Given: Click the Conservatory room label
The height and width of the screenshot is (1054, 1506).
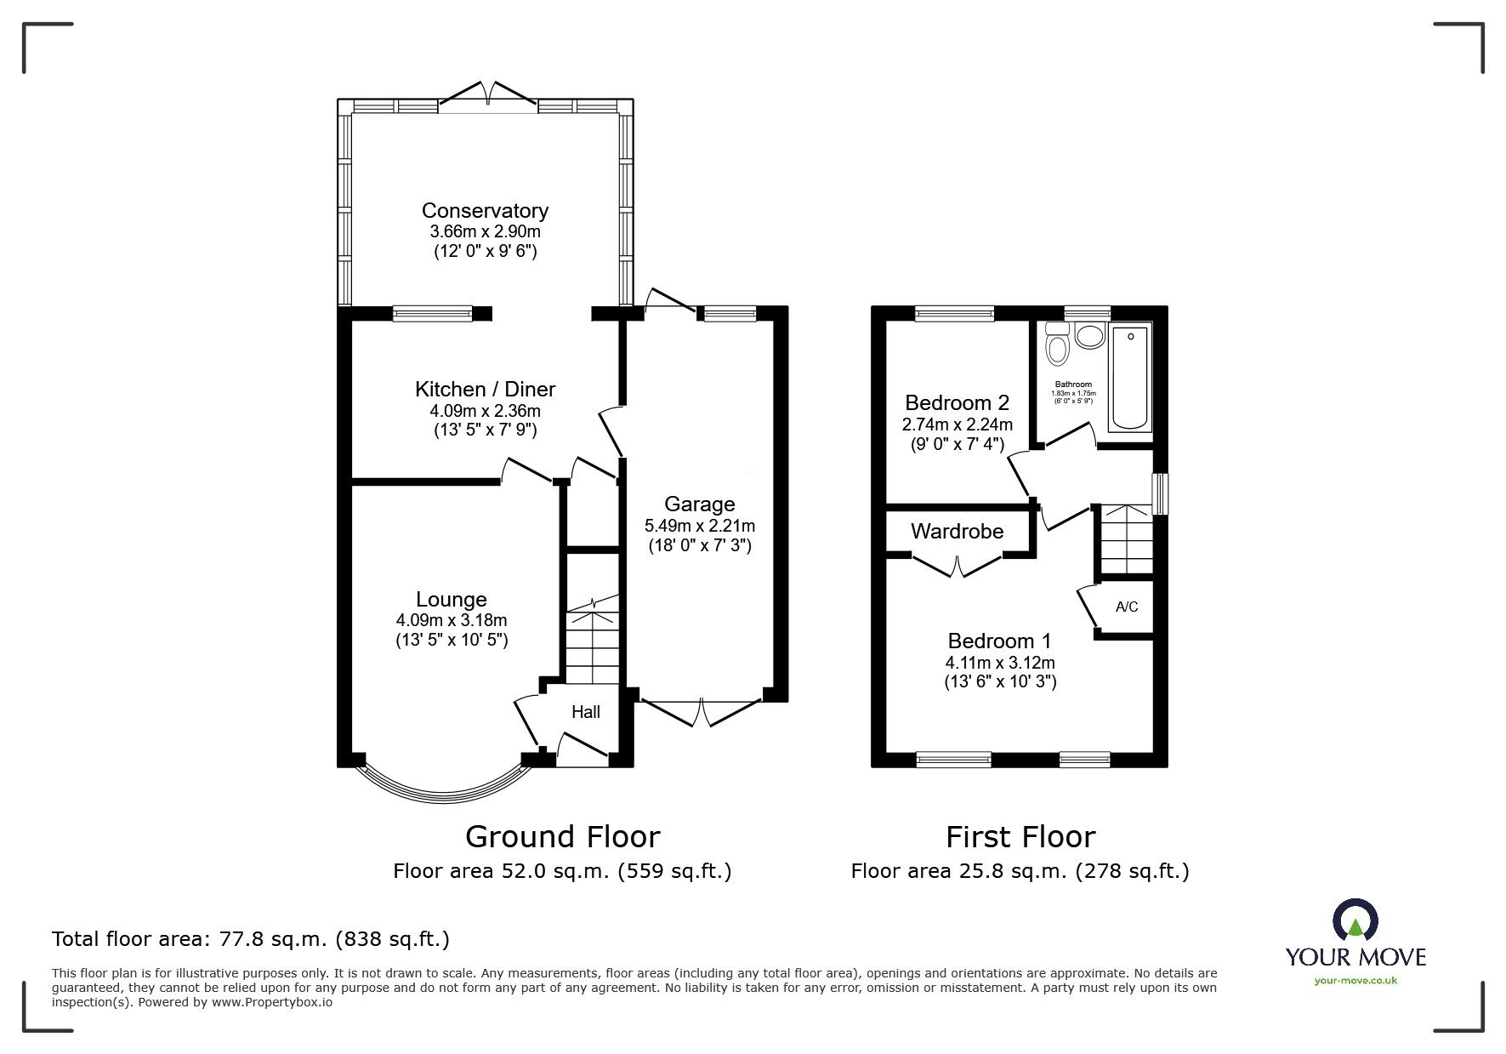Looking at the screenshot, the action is click(485, 210).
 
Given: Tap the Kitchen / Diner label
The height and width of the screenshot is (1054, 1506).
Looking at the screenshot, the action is click(485, 389).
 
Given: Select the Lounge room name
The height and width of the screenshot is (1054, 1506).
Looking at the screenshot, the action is click(452, 600).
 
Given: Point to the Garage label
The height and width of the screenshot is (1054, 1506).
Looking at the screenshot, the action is click(699, 504).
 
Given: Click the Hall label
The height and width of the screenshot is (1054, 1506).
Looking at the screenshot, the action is click(586, 712).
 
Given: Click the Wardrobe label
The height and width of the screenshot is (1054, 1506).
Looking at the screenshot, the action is click(958, 531).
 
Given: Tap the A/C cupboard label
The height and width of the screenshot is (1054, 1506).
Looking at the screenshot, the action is click(1127, 607).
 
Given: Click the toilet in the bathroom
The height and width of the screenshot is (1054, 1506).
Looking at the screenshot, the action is click(1058, 343).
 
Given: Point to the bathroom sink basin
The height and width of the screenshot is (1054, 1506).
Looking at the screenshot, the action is click(1088, 337).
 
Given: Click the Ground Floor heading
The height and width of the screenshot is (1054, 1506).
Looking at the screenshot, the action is click(562, 836).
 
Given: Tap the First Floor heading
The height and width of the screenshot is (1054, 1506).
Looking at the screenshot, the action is click(1020, 836).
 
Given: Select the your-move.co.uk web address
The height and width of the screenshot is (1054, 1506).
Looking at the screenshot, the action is click(1355, 980).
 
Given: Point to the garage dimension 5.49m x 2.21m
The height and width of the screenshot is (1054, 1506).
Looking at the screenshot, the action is click(699, 526).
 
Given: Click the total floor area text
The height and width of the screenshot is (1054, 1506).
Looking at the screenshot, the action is click(251, 939).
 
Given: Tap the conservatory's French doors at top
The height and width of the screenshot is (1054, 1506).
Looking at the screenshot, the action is click(487, 94).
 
